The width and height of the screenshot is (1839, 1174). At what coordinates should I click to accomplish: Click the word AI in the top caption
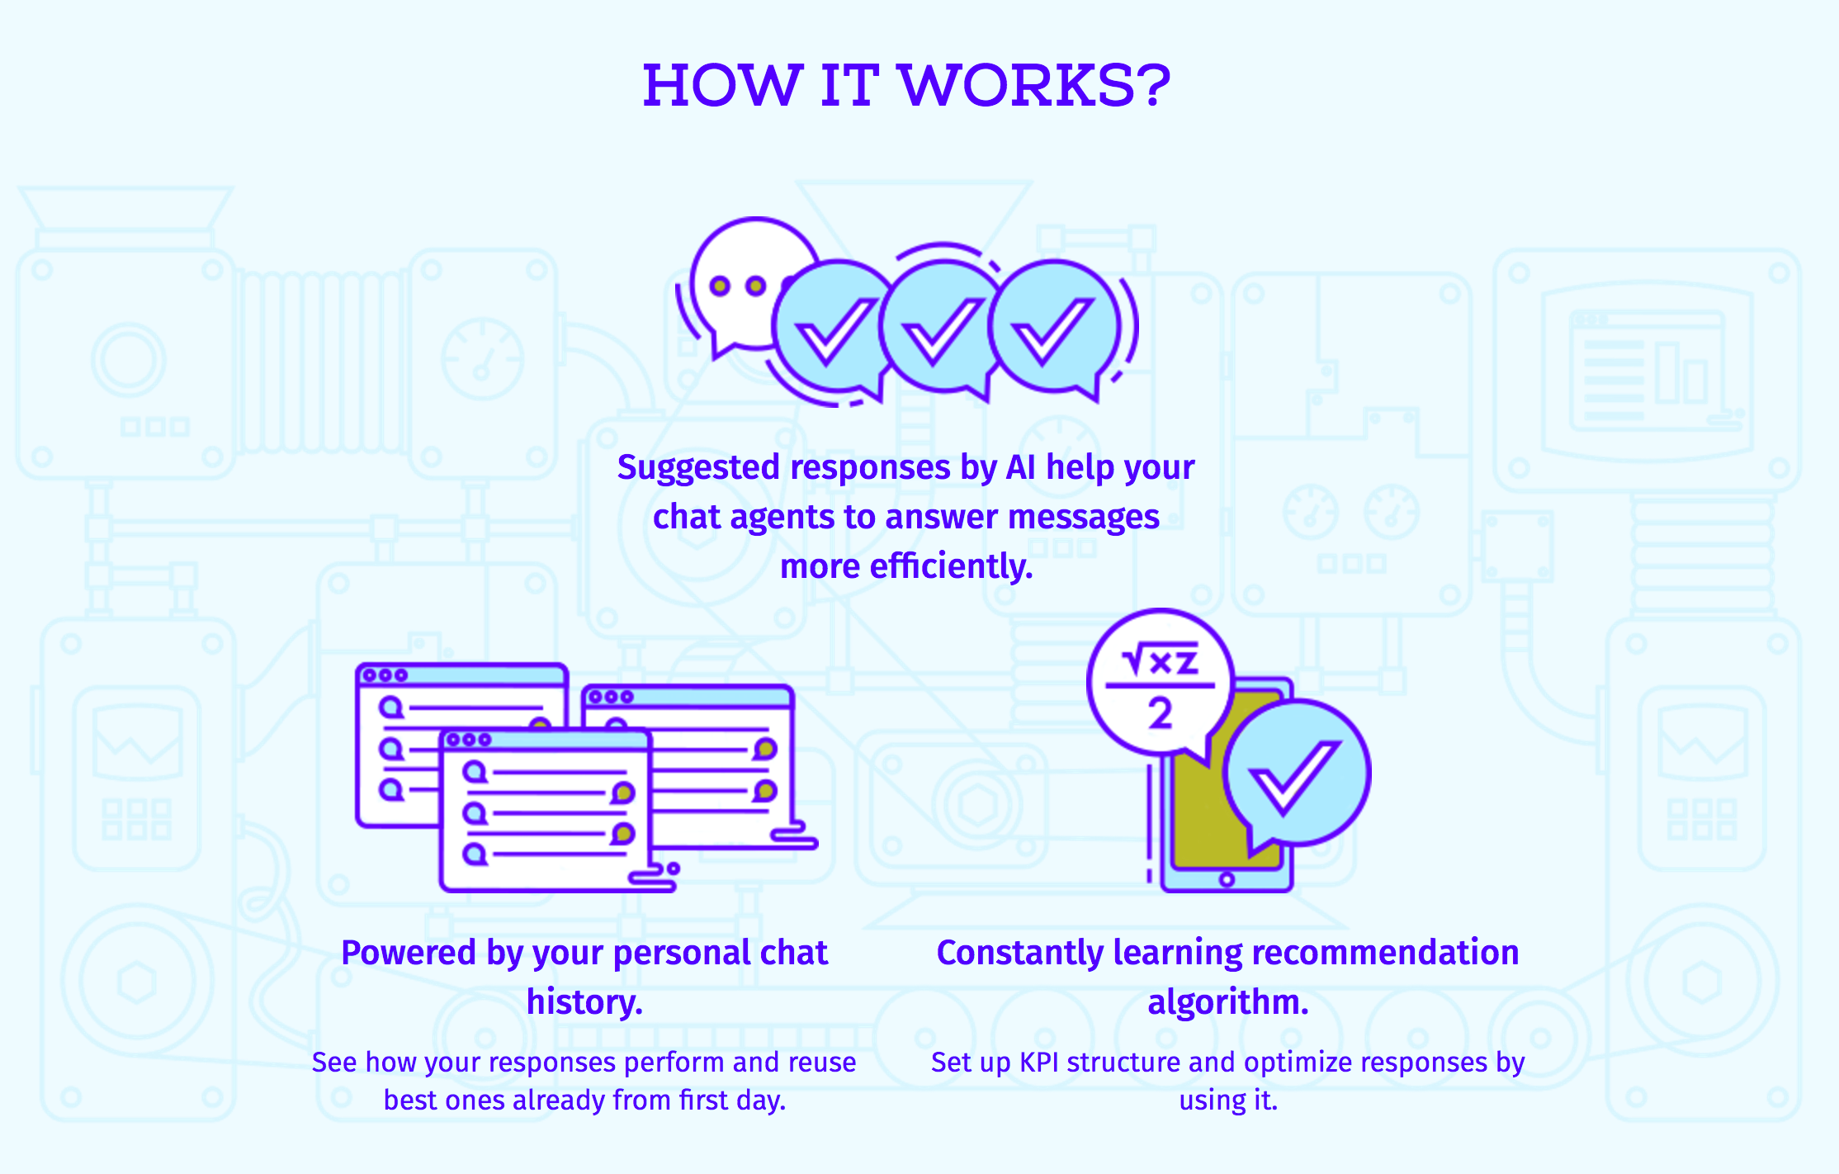click(x=1020, y=467)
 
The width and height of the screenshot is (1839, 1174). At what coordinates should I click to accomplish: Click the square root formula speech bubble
click(x=1159, y=682)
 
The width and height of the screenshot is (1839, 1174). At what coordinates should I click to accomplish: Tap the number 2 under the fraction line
click(x=1160, y=712)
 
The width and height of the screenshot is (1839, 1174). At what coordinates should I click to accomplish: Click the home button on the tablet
click(x=1227, y=879)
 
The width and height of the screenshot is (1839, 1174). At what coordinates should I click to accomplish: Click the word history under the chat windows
click(x=583, y=1002)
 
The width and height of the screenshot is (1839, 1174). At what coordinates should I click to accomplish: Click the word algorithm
click(x=1227, y=1002)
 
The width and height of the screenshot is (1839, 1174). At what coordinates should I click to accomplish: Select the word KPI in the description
click(x=1039, y=1063)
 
